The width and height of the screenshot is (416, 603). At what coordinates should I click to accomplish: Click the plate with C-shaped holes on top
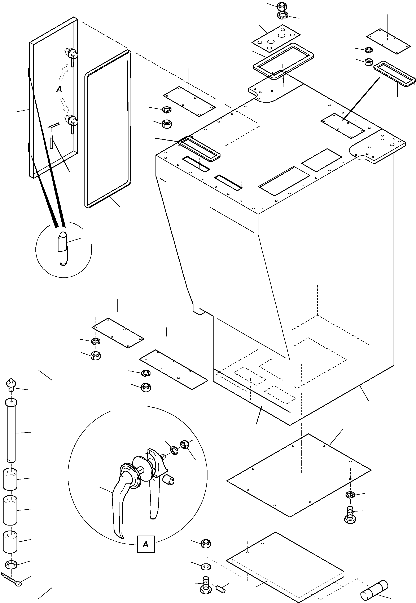[276, 38]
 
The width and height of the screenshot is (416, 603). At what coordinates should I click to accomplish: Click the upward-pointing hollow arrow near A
[63, 73]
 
